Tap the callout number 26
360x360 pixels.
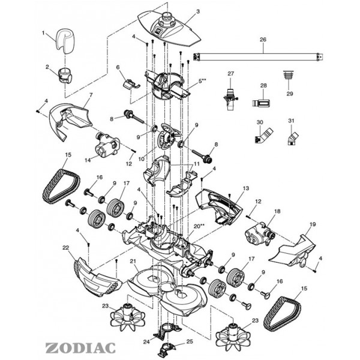(x=263, y=41)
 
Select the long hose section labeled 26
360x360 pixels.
(x=258, y=56)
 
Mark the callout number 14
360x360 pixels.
(x=88, y=160)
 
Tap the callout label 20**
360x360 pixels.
(x=199, y=226)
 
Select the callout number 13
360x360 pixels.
(x=245, y=188)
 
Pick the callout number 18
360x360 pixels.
(x=277, y=212)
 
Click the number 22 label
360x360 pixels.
(x=66, y=248)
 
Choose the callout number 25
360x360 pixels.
(x=190, y=341)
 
